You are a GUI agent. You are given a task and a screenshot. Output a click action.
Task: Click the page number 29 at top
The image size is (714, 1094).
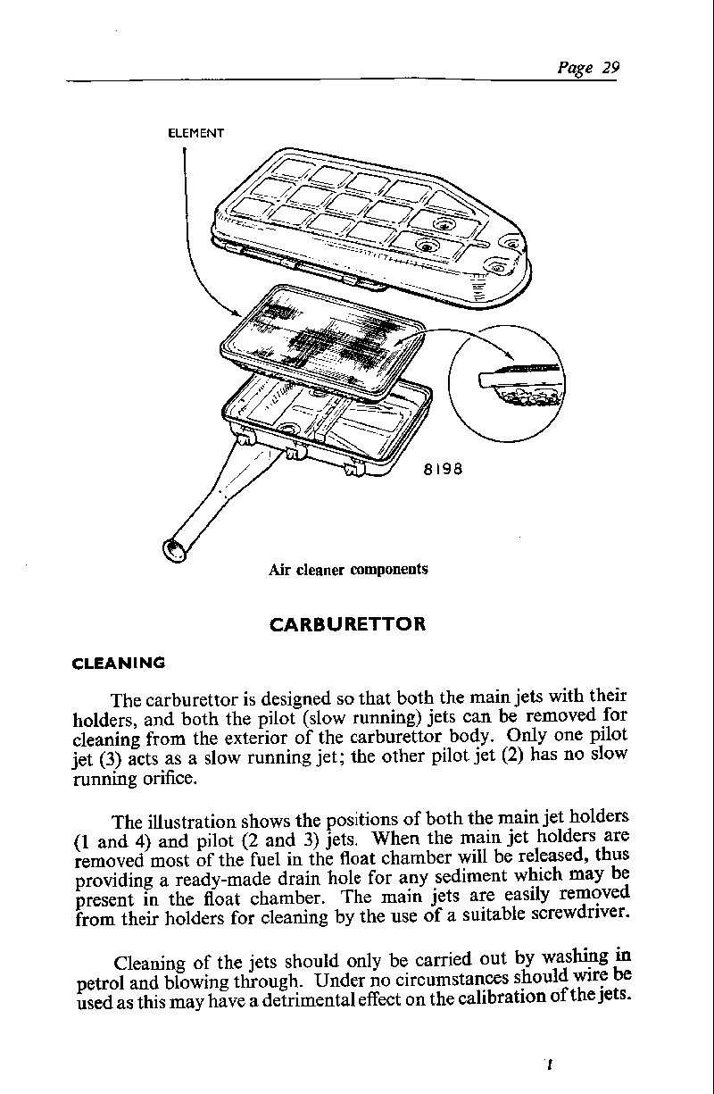pos(610,68)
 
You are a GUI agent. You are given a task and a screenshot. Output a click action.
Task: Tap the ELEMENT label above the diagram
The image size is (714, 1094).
pos(196,133)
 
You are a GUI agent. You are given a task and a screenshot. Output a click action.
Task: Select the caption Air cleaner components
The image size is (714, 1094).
pos(348,569)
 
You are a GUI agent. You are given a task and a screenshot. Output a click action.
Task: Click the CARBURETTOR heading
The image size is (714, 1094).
pos(347,623)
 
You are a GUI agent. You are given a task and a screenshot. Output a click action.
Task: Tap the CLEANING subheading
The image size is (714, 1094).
pos(118,663)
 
